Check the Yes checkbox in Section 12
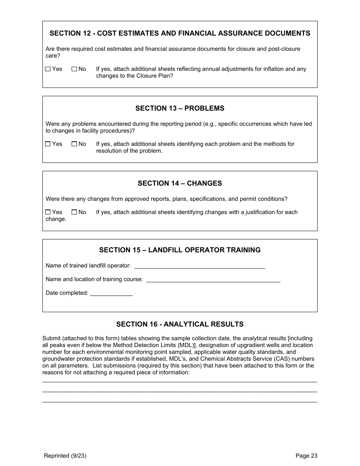48,69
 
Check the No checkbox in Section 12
74,69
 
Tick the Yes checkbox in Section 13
48,144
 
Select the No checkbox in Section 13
74,144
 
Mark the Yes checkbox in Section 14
48,212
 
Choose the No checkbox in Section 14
74,212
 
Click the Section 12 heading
180,33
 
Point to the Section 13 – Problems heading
180,108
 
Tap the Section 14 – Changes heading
180,183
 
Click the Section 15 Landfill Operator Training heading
180,250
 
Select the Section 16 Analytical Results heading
180,324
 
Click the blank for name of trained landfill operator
199,266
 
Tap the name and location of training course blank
213,280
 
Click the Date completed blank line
111,294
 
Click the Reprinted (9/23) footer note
65,456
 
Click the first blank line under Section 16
180,382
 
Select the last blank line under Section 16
180,402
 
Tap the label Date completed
67,293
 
